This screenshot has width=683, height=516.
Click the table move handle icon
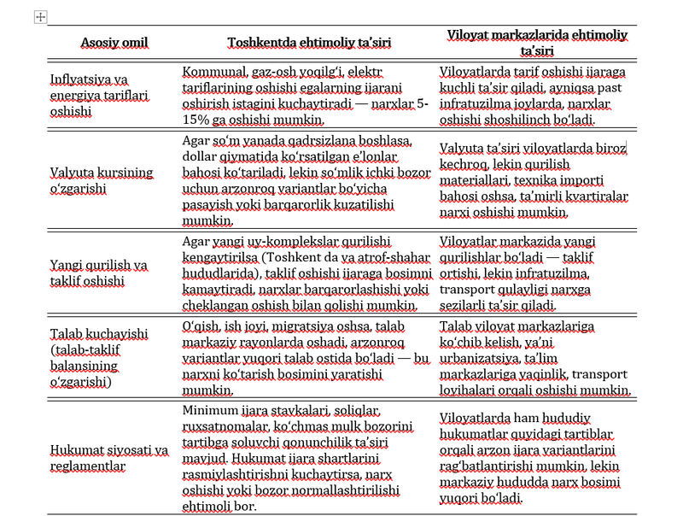pyautogui.click(x=39, y=17)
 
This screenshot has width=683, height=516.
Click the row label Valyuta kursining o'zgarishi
pyautogui.click(x=101, y=180)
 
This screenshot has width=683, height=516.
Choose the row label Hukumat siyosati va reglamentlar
pyautogui.click(x=108, y=457)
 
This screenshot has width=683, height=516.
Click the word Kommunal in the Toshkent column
pyautogui.click(x=213, y=73)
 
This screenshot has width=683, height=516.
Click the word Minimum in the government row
pyautogui.click(x=209, y=411)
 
